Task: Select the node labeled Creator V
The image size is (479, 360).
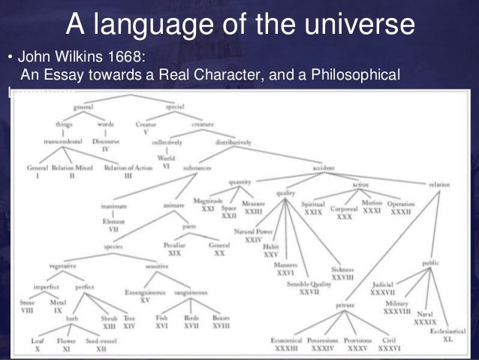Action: pyautogui.click(x=146, y=129)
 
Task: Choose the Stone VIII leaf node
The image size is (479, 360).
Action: pyautogui.click(x=27, y=307)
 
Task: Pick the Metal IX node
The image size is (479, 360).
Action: pyautogui.click(x=57, y=307)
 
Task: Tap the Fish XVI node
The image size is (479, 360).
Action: pyautogui.click(x=160, y=321)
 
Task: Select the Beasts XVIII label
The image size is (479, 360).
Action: pyautogui.click(x=221, y=321)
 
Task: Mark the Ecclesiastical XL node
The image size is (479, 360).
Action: pyautogui.click(x=447, y=335)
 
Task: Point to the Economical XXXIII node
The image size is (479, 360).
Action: pyautogui.click(x=286, y=344)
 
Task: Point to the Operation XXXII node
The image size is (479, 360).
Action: pyautogui.click(x=401, y=207)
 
